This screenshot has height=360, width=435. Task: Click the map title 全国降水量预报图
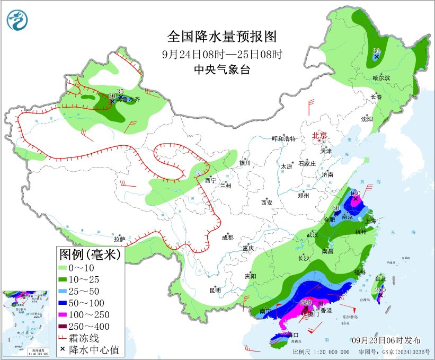click(222, 37)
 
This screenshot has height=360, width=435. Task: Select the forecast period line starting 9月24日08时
click(222, 54)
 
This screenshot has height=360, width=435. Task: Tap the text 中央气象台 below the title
click(222, 70)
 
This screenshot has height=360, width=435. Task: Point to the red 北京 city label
click(320, 135)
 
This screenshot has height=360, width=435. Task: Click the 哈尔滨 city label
click(381, 78)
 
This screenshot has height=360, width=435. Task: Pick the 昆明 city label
click(215, 289)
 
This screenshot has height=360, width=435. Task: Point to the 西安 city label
click(267, 202)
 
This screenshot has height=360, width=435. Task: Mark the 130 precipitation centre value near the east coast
click(356, 193)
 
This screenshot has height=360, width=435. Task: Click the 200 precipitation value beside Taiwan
click(380, 289)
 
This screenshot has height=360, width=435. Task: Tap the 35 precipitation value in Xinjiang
click(120, 92)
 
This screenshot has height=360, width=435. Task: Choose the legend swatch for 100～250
click(67, 315)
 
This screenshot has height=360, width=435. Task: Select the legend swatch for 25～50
click(67, 291)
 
